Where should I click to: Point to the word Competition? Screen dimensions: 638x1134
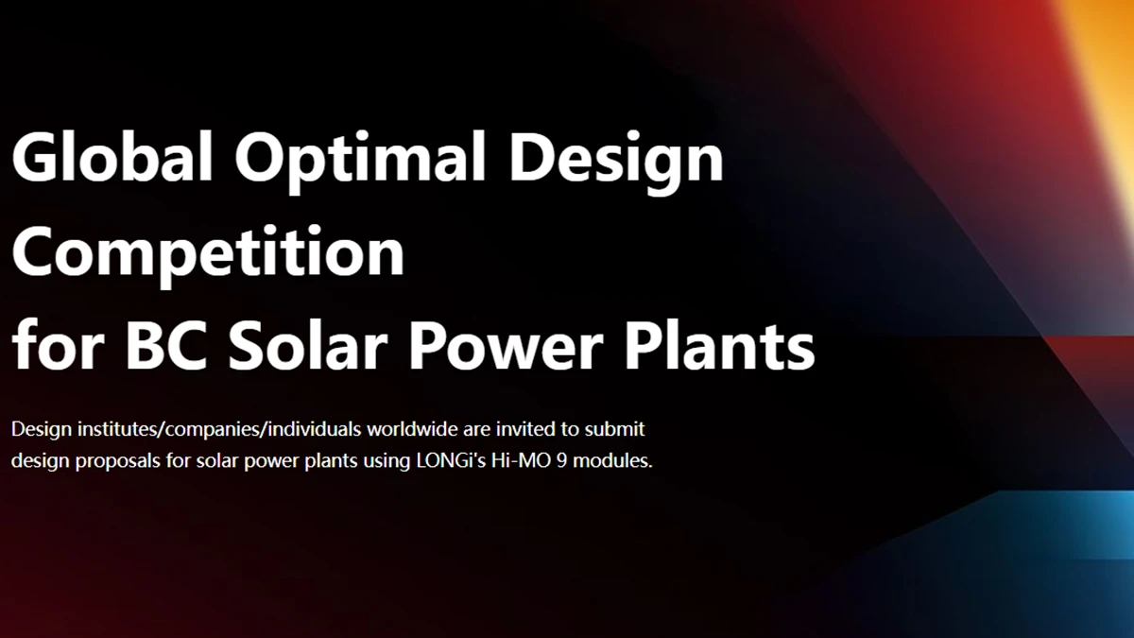[x=208, y=253]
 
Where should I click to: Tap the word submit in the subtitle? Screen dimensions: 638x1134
[x=615, y=429]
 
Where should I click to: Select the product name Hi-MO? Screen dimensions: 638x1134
[x=509, y=463]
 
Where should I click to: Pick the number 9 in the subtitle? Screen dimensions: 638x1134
[x=559, y=463]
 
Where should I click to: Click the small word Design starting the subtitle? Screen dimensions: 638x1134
[x=39, y=429]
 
